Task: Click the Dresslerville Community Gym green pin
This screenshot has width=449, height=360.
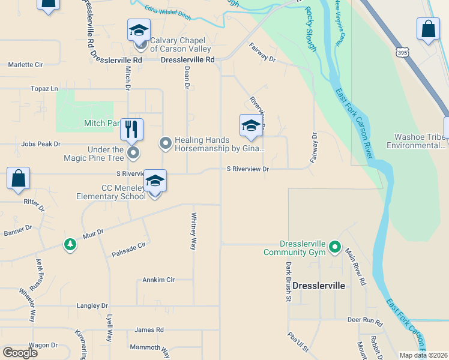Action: pyautogui.click(x=335, y=247)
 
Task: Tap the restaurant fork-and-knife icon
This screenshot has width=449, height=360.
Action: pyautogui.click(x=131, y=128)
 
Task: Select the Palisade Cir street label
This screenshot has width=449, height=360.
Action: pyautogui.click(x=128, y=250)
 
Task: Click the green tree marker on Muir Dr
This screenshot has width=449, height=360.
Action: pyautogui.click(x=70, y=244)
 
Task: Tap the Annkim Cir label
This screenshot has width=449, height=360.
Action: pyautogui.click(x=158, y=280)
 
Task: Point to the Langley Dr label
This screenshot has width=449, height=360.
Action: pyautogui.click(x=92, y=305)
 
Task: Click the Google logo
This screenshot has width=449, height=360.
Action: pyautogui.click(x=20, y=352)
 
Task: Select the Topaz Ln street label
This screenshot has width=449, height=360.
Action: pyautogui.click(x=44, y=89)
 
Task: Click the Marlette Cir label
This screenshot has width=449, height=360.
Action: pyautogui.click(x=25, y=64)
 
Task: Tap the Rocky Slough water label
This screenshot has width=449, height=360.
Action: pyautogui.click(x=310, y=29)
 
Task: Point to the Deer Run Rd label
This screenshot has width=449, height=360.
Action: pyautogui.click(x=365, y=320)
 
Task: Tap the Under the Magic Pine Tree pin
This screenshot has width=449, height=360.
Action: pyautogui.click(x=133, y=154)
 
